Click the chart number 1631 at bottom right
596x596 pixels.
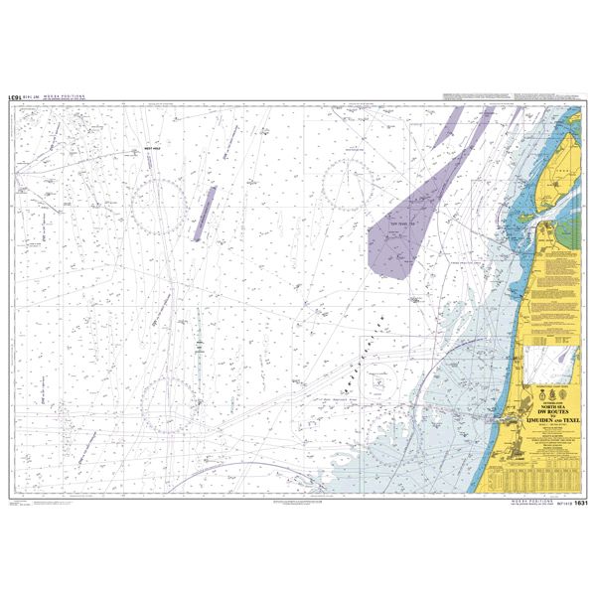tap(581, 504)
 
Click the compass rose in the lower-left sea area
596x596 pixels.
tap(167, 402)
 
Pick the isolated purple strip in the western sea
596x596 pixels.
tap(204, 213)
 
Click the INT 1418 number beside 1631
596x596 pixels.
tap(559, 505)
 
